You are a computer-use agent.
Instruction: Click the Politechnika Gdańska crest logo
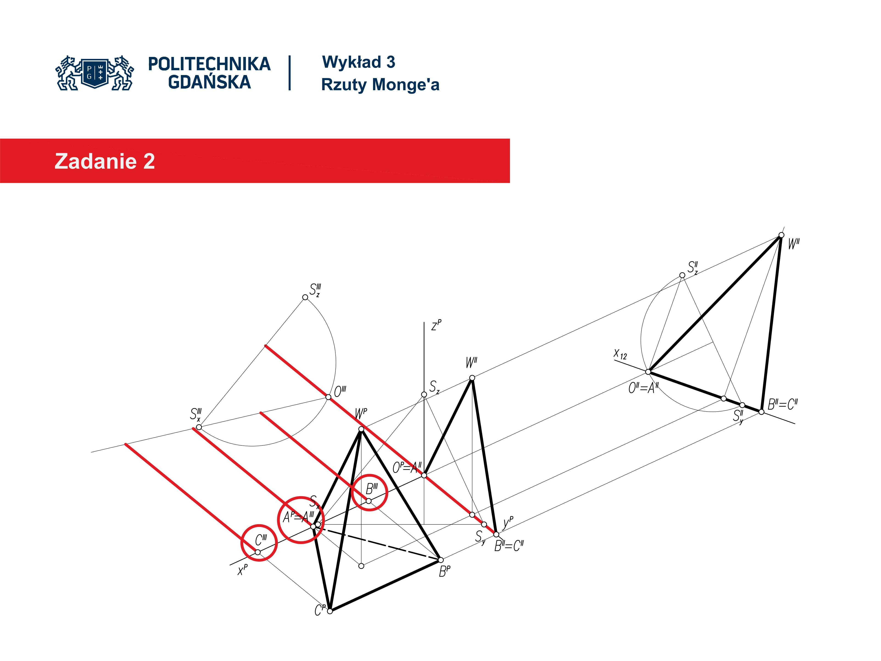(95, 73)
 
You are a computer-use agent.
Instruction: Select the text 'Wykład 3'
(358, 62)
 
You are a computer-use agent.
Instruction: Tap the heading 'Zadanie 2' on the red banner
(105, 161)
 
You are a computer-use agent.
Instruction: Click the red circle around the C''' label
(259, 542)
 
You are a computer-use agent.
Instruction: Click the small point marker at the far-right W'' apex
(781, 235)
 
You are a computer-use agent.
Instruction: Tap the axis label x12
(620, 354)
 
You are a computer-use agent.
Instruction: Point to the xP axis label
(242, 570)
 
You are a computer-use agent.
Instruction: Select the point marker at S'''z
(305, 297)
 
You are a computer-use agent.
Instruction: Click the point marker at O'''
(328, 397)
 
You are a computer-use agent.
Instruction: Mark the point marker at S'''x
(199, 427)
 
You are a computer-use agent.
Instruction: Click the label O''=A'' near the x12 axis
(643, 388)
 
